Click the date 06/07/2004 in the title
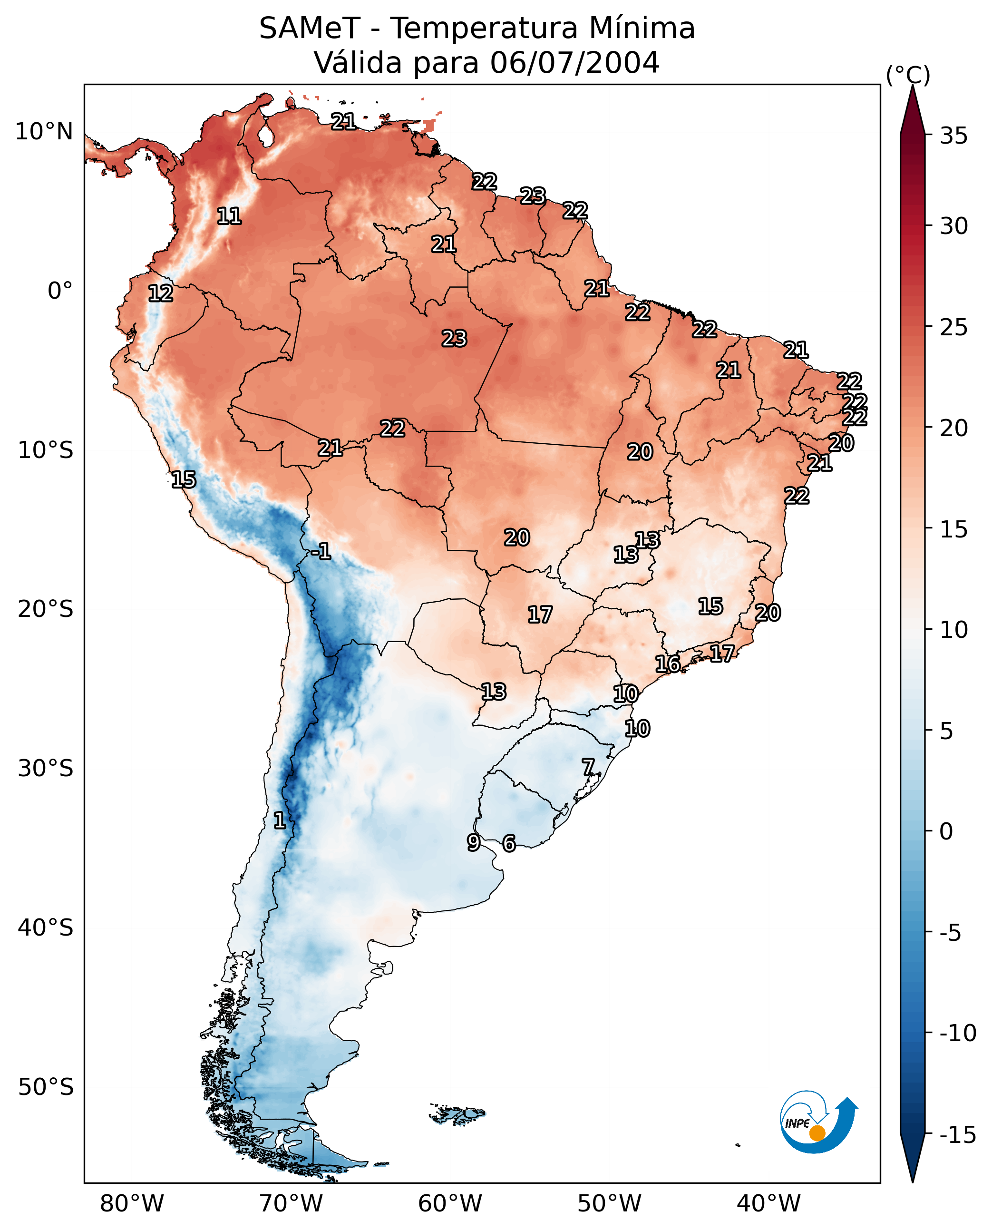click(574, 62)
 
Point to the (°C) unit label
click(908, 75)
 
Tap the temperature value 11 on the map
click(229, 216)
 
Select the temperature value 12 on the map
click(161, 293)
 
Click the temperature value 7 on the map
click(588, 767)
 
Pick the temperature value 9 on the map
click(473, 842)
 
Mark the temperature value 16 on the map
click(667, 664)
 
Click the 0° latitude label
click(60, 291)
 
